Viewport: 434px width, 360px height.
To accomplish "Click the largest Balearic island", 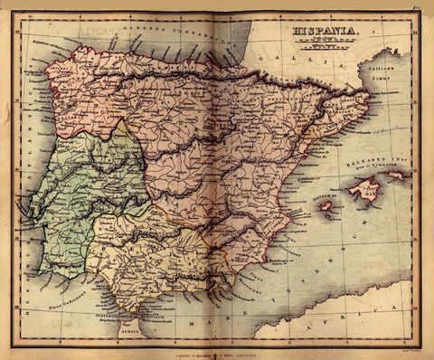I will point(363,189).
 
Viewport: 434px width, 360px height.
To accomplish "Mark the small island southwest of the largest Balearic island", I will point(326,206).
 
